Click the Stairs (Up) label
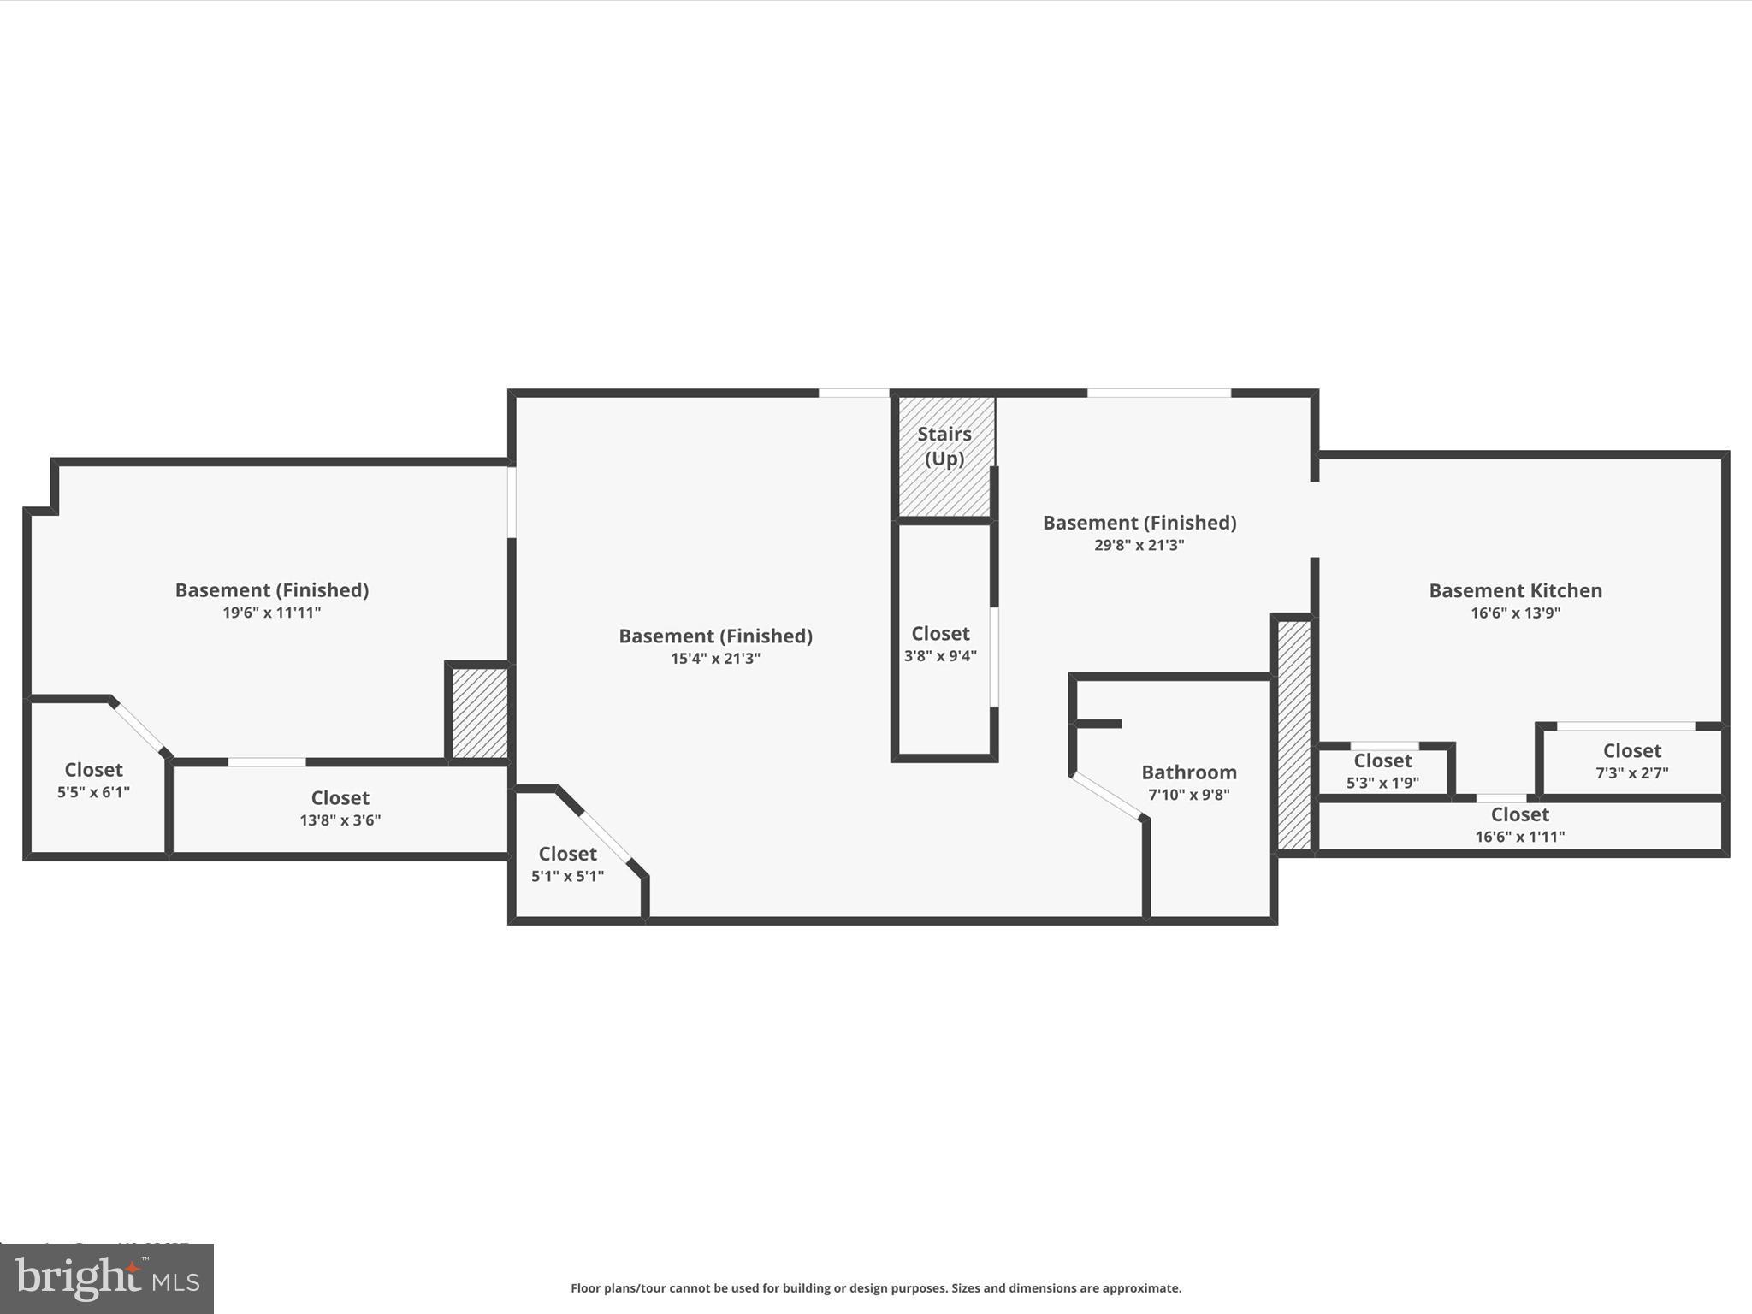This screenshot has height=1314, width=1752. (944, 446)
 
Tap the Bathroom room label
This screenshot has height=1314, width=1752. (1188, 772)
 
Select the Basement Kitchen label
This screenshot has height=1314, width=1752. (1515, 590)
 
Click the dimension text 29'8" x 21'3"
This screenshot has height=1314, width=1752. (1139, 545)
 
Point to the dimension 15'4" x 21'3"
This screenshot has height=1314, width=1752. (715, 659)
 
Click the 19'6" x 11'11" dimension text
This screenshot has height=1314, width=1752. (271, 613)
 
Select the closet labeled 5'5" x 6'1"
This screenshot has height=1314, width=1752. (93, 779)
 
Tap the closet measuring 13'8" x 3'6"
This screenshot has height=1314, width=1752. (340, 808)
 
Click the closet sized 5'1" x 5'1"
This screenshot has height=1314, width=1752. (567, 864)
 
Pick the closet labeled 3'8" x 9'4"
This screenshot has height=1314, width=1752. (940, 643)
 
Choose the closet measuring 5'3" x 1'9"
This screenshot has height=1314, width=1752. (1382, 770)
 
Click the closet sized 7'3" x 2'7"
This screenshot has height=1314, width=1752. (1631, 761)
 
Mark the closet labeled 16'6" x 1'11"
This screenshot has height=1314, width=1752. (1519, 825)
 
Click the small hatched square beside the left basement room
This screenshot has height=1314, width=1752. (479, 713)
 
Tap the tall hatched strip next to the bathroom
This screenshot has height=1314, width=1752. (1293, 734)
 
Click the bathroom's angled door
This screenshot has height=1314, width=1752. (1107, 796)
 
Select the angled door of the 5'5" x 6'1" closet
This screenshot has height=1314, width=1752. (139, 727)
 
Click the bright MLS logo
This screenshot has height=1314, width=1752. (107, 1278)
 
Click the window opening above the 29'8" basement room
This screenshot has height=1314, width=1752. (1158, 394)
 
